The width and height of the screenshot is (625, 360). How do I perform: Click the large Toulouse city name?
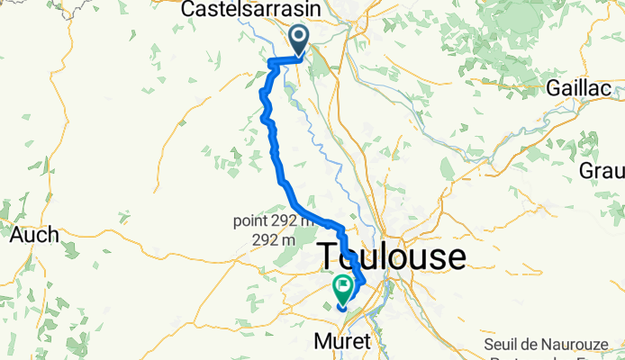[394, 257]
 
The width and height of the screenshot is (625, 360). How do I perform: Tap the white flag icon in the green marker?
[344, 286]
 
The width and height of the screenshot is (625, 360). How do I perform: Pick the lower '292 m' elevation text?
[276, 240]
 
